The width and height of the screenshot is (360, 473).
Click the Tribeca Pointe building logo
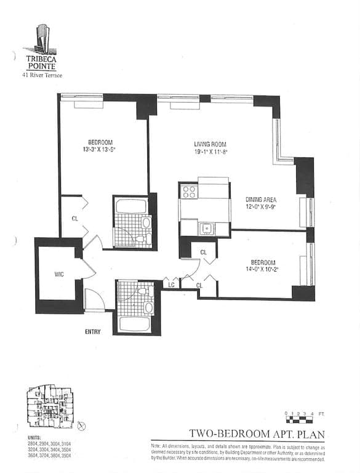point(42,38)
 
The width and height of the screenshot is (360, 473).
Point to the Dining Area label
point(261,199)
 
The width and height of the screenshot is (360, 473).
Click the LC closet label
point(171,285)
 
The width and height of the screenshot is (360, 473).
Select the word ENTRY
point(92,332)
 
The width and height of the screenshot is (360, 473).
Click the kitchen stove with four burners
point(189,192)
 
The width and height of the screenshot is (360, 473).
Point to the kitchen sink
point(206,229)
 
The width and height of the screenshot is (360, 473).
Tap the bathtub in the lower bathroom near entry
point(134,323)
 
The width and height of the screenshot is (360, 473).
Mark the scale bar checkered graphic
point(300,419)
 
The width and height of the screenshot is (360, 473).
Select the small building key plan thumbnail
point(50,407)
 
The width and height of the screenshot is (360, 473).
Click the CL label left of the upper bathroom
point(74,218)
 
